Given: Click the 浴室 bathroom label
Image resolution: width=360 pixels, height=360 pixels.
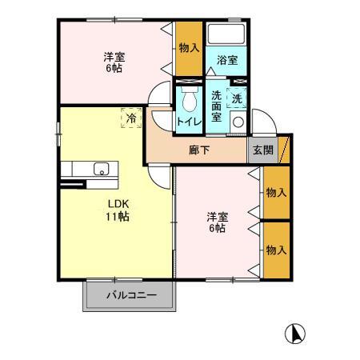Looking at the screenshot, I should click(226, 60).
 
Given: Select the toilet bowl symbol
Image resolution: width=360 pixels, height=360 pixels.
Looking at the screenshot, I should click(189, 100).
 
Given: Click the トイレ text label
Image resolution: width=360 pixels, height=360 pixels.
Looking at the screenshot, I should click(189, 122).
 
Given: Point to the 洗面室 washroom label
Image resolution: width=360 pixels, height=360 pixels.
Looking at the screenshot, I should click(217, 106).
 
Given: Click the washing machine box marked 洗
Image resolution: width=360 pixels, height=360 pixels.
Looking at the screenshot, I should click(237, 98).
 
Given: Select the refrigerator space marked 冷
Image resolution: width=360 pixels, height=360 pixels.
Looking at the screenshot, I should click(130, 117).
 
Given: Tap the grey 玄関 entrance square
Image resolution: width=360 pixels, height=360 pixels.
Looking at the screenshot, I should click(262, 150).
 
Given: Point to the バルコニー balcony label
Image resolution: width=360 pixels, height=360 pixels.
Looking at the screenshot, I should click(131, 296).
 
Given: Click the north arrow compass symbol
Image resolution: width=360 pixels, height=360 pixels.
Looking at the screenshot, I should click(295, 333).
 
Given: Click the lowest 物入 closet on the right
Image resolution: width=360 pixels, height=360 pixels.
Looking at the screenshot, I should click(276, 250).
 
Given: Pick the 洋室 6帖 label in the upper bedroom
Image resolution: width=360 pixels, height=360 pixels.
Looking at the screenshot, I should click(114, 62).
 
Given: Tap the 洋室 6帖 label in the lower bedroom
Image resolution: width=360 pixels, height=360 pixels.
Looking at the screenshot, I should click(216, 222).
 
